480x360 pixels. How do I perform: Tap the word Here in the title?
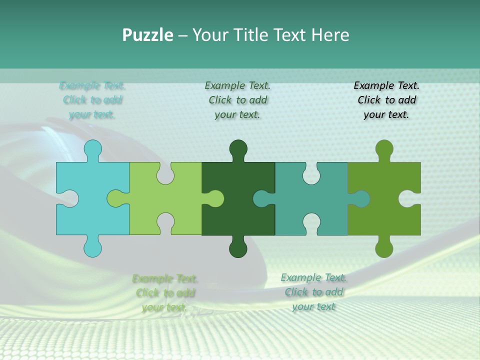pyautogui.click(x=330, y=35)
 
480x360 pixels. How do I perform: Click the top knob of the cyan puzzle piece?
pyautogui.click(x=93, y=149)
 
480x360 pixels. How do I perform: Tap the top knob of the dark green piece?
pyautogui.click(x=238, y=149)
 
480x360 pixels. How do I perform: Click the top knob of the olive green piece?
pyautogui.click(x=384, y=149)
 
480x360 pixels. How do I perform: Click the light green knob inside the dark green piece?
pyautogui.click(x=215, y=198)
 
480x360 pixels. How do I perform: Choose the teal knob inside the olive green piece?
pyautogui.click(x=360, y=198)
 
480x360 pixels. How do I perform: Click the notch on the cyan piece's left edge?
pyautogui.click(x=69, y=198)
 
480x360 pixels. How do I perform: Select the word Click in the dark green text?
pyautogui.click(x=220, y=100)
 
